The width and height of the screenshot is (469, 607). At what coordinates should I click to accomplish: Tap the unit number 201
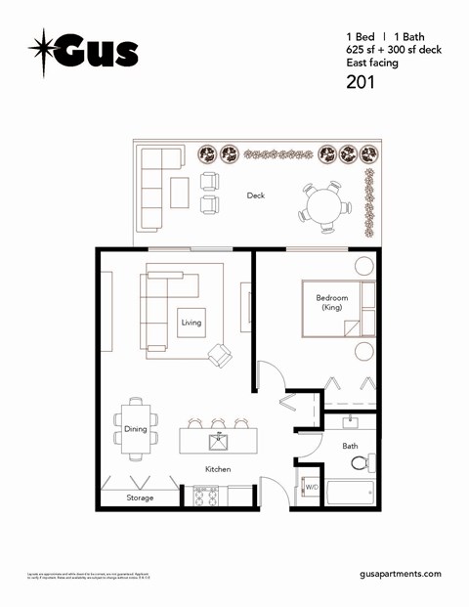pyautogui.click(x=362, y=82)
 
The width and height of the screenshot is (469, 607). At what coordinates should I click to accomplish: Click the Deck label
pyautogui.click(x=256, y=195)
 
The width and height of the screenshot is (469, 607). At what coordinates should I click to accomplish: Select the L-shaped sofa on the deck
pyautogui.click(x=153, y=188)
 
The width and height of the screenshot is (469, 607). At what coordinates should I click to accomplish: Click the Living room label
pyautogui.click(x=192, y=323)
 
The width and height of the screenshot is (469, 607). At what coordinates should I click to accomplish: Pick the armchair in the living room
pyautogui.click(x=220, y=356)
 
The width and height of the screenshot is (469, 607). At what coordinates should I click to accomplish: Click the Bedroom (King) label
pyautogui.click(x=331, y=302)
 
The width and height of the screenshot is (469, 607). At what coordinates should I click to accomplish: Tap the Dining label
pyautogui.click(x=136, y=429)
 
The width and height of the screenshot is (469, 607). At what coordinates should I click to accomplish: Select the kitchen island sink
pyautogui.click(x=218, y=442)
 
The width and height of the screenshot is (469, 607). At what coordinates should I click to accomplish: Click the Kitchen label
pyautogui.click(x=218, y=470)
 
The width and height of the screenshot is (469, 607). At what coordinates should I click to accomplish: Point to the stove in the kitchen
pyautogui.click(x=205, y=496)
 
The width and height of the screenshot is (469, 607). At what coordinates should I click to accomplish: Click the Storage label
pyautogui.click(x=140, y=498)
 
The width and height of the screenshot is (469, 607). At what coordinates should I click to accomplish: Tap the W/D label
pyautogui.click(x=312, y=486)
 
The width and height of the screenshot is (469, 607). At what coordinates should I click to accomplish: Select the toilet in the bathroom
pyautogui.click(x=359, y=462)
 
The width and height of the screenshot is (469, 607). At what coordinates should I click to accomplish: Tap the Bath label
pyautogui.click(x=350, y=445)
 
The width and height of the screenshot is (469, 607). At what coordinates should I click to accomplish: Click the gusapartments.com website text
pyautogui.click(x=401, y=574)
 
